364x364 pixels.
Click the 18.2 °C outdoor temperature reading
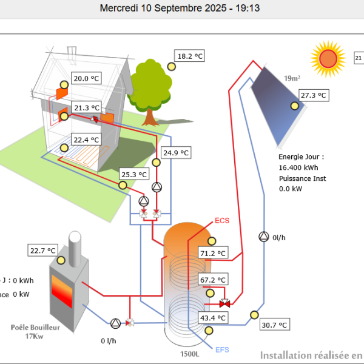pos(190,56)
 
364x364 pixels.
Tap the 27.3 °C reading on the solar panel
pos(314,95)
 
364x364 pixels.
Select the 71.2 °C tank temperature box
pos(213,253)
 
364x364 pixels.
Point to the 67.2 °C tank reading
pos(213,280)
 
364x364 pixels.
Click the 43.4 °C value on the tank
pos(213,318)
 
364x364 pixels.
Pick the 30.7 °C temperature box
pos(275,325)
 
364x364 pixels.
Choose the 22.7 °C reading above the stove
pos(43,250)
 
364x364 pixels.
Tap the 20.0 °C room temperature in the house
pos(86,78)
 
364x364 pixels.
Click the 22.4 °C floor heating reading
pos(86,140)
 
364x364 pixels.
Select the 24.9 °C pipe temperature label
pos(176,152)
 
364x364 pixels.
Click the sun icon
pos(328,58)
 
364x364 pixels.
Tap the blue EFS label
pos(222,350)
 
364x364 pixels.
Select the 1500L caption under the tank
pos(190,354)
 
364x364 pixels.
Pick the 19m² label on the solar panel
pos(292,78)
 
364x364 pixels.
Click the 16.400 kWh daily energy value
pos(298,167)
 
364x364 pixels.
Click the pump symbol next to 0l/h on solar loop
pos(263,236)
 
